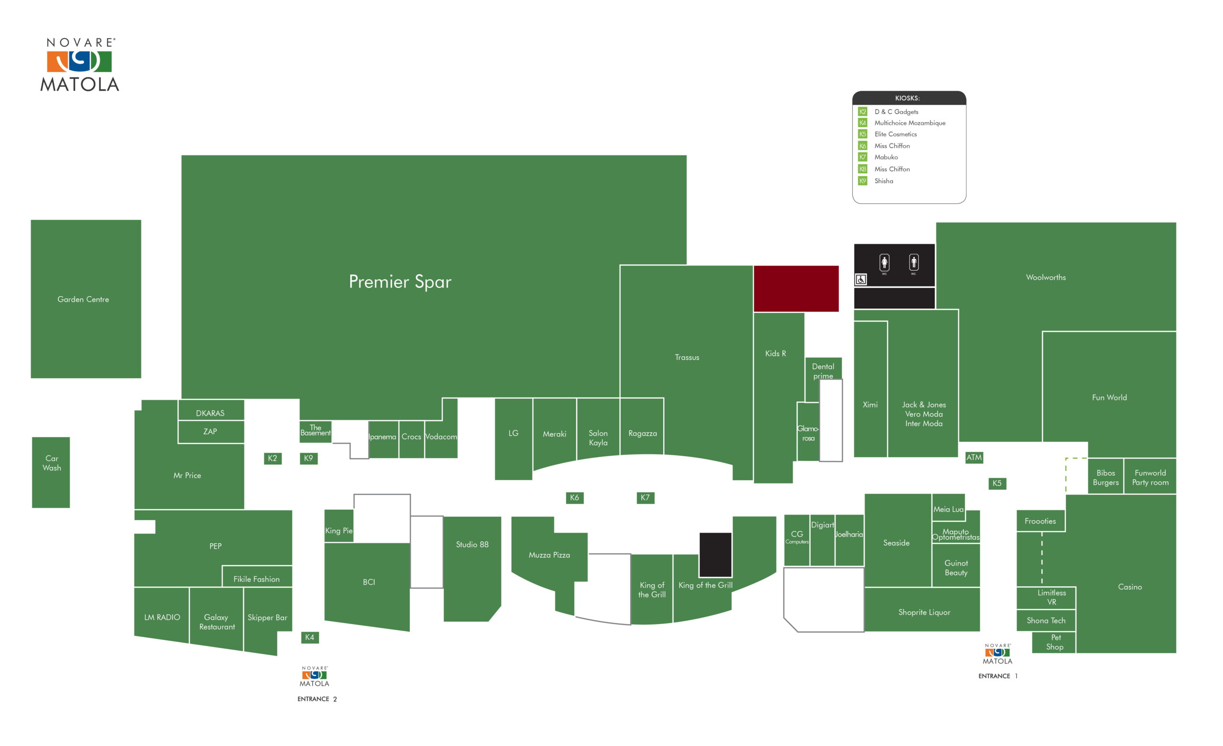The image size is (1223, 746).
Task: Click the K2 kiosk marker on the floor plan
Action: click(x=272, y=459)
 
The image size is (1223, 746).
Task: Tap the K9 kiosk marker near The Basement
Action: click(x=308, y=459)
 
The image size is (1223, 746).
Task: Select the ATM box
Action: click(x=974, y=458)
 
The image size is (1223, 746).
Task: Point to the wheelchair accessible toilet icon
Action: click(x=861, y=280)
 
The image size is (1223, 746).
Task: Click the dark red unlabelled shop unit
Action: click(x=796, y=288)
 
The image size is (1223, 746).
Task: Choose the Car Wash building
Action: click(x=51, y=472)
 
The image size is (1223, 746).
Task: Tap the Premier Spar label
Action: click(x=400, y=282)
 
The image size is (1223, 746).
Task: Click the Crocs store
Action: click(x=411, y=439)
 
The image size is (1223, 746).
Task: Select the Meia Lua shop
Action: click(x=948, y=507)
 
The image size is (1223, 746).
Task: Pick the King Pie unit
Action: click(x=339, y=526)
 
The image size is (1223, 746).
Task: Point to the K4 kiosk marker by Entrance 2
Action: click(x=310, y=637)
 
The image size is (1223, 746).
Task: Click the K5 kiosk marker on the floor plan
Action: click(x=997, y=483)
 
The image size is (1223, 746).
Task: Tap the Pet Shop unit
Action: click(x=1054, y=642)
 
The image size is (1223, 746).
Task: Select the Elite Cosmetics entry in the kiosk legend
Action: click(x=895, y=134)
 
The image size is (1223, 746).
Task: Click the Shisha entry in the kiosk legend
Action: click(x=883, y=181)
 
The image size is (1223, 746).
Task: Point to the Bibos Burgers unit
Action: click(x=1105, y=476)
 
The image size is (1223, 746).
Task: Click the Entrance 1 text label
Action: click(x=998, y=676)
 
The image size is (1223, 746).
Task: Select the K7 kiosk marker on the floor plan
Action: click(x=645, y=498)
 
